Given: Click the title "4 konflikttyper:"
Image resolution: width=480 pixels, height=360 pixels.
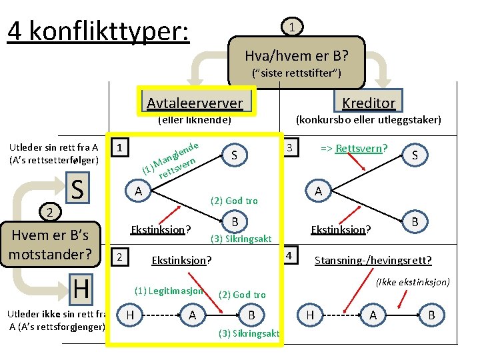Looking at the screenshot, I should [x=98, y=31].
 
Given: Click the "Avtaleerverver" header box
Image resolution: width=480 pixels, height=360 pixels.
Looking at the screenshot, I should [x=195, y=102].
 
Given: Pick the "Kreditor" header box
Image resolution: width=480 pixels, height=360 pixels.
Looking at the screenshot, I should [x=369, y=102].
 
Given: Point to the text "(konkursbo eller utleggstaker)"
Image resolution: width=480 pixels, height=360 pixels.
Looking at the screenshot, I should [x=368, y=120].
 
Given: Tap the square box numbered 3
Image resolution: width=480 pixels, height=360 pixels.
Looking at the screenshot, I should [x=290, y=146].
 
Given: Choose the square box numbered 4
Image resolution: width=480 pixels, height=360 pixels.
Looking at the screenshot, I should [x=290, y=255].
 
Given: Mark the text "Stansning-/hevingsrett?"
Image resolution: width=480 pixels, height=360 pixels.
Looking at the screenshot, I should [x=373, y=260].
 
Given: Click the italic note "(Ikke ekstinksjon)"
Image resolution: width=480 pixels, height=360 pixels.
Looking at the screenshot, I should [x=412, y=282].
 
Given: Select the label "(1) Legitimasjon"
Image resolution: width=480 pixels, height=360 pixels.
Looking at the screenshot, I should [x=169, y=291].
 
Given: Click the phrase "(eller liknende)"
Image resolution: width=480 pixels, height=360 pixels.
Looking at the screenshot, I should [x=194, y=121].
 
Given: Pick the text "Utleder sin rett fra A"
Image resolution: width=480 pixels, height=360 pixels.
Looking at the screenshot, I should [x=53, y=147].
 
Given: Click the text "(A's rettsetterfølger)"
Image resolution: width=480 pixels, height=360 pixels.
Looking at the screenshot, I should [x=53, y=160].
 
